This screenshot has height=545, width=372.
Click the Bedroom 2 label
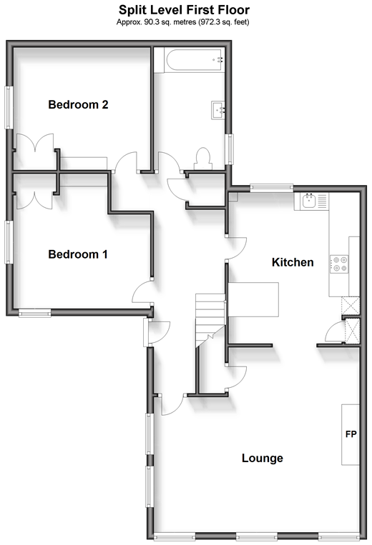[x=78, y=104]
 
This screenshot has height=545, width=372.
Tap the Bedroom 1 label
[x=78, y=254]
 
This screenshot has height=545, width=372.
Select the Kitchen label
[x=293, y=262]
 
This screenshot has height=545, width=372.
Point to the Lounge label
[x=263, y=458]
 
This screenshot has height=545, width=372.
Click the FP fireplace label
[x=351, y=434]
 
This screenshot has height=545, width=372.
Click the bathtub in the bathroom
[x=194, y=60]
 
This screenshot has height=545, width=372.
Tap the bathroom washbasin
[x=218, y=110]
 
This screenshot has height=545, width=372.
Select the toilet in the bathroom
[x=203, y=159]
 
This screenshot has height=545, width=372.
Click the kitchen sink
[x=309, y=201]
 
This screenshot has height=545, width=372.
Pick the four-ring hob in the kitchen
[x=339, y=264]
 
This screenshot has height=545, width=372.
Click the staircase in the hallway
[x=210, y=320]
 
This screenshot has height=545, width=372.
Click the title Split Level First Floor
[x=184, y=10]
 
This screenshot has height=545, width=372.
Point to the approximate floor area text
[x=182, y=22]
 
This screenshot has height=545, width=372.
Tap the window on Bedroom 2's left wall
[x=9, y=107]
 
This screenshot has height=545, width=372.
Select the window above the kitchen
[x=271, y=188]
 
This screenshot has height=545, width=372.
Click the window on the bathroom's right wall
[x=230, y=149]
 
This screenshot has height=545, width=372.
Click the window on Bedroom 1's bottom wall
[x=35, y=313]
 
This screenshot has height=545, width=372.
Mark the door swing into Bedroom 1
[x=142, y=292]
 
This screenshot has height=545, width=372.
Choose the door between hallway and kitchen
[x=236, y=248]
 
